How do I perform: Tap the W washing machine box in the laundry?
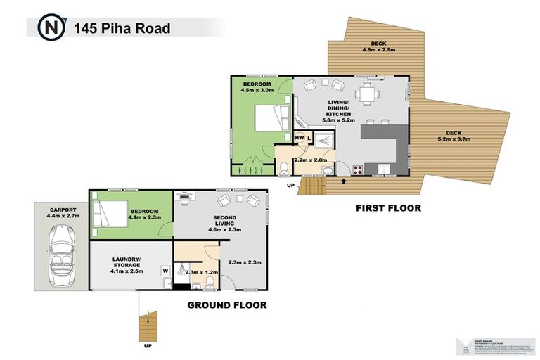(x=165, y=269)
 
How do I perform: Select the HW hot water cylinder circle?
(x=300, y=138)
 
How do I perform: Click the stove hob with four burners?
(x=357, y=169)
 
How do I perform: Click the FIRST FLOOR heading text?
(x=388, y=208)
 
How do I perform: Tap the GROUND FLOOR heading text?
(x=226, y=305)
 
